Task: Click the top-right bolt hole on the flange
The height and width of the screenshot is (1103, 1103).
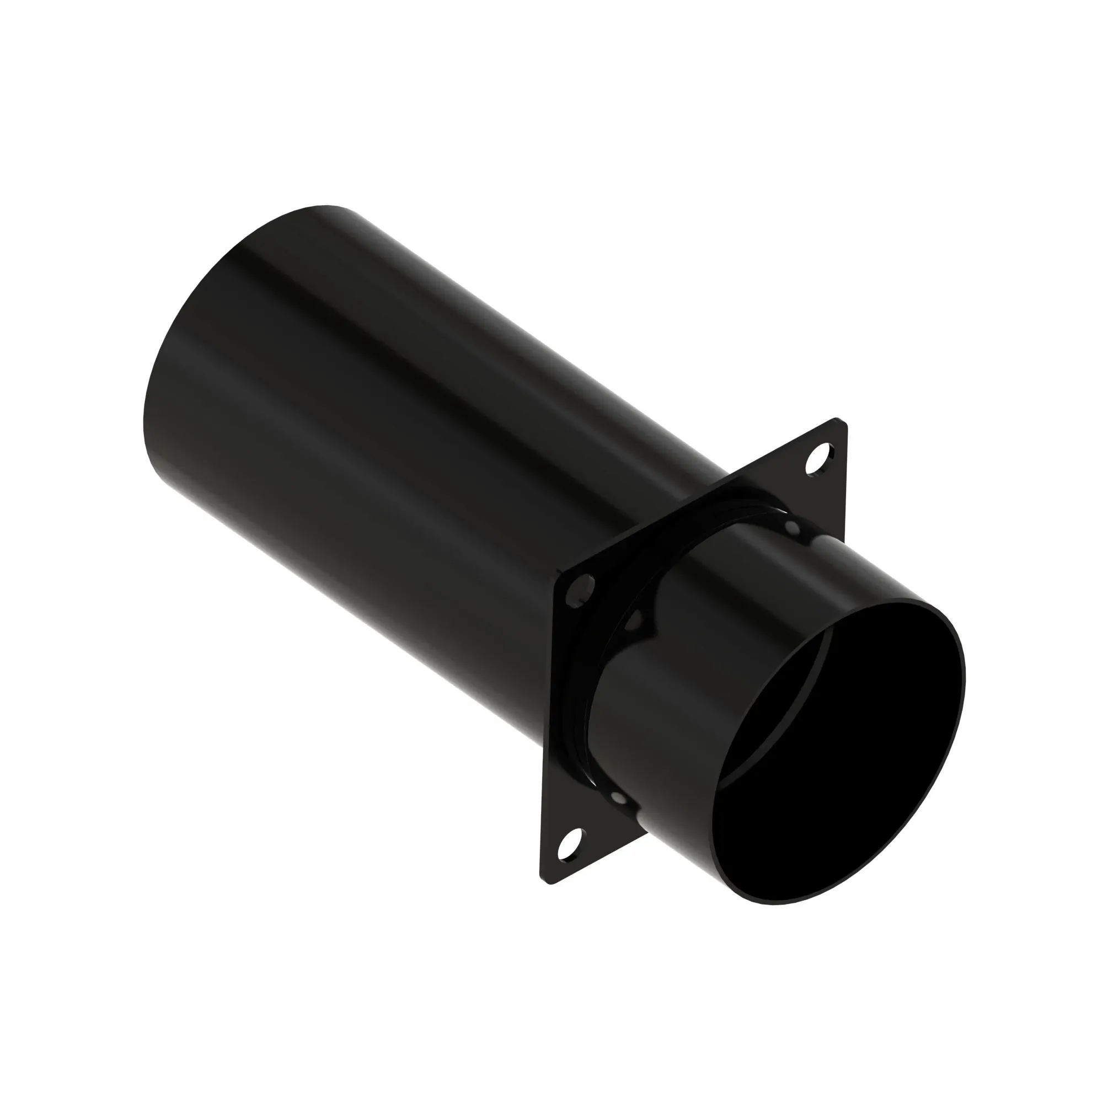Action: coord(818,456)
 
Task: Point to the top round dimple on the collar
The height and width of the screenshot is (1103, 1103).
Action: coord(792,525)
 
